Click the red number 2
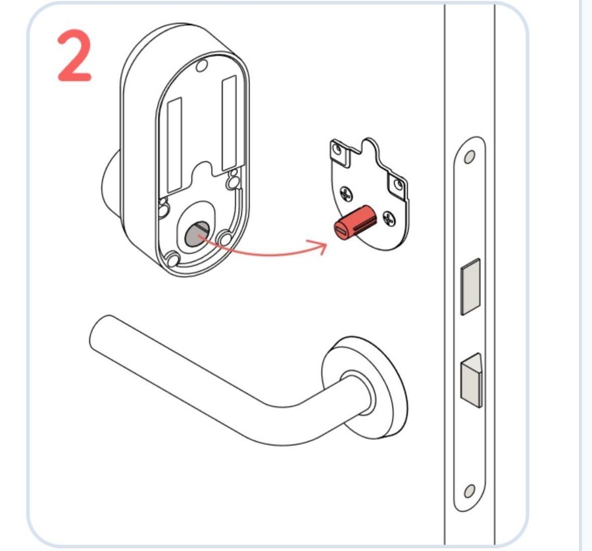tap(75, 55)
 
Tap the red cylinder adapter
tap(355, 223)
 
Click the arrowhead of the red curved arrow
tap(320, 247)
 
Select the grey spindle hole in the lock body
tap(197, 234)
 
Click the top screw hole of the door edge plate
tap(469, 157)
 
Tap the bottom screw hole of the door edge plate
tap(469, 491)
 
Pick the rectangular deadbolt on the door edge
tap(471, 286)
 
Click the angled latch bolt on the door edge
tap(472, 380)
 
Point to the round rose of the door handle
tap(364, 388)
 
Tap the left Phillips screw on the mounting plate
tap(346, 194)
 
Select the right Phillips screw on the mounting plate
tap(389, 219)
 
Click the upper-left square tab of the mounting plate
tap(341, 152)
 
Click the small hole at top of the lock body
tap(202, 66)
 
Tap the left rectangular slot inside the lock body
tap(174, 144)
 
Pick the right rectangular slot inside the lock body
tap(229, 123)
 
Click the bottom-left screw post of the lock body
tap(173, 259)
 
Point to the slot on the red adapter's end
tap(342, 230)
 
